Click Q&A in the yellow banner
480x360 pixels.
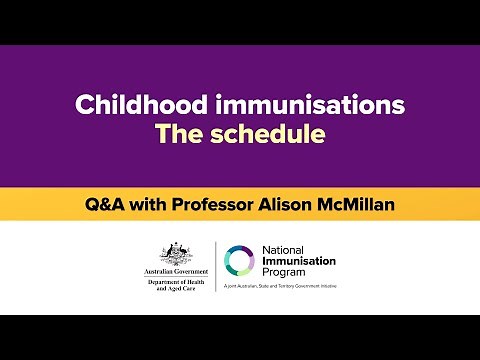[x=102, y=205]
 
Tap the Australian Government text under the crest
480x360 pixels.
[x=175, y=272]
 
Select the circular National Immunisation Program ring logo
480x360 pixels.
[x=241, y=261]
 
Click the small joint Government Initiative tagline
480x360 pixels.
[x=315, y=288]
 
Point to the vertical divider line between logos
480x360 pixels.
[x=216, y=267]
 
